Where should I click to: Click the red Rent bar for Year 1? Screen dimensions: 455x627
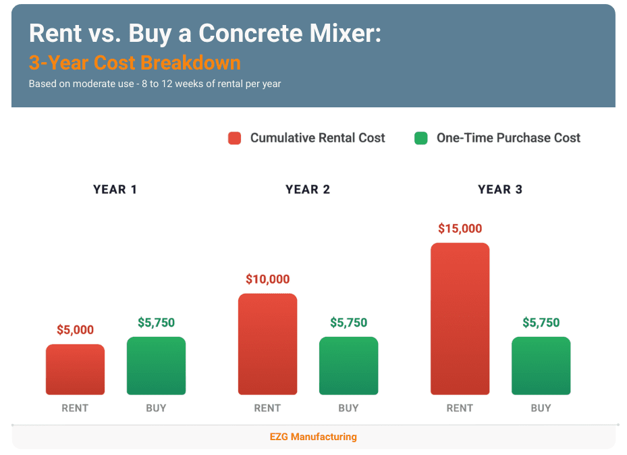[75, 369]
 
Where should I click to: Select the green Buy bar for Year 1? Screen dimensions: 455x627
[156, 365]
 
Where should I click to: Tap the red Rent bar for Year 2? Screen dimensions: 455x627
[267, 344]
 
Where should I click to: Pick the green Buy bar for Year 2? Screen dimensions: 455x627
[348, 365]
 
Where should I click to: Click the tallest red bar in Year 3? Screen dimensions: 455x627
[460, 319]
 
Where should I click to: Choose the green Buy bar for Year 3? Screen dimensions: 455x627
[541, 365]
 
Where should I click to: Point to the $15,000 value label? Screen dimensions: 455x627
[460, 229]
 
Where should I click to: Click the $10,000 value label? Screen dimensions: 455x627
[267, 279]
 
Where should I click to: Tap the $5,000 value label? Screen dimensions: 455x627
[75, 330]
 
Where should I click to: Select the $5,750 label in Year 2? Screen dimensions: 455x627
[348, 323]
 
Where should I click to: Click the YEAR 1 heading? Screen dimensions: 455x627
[115, 190]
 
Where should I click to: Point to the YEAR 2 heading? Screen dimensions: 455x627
[308, 190]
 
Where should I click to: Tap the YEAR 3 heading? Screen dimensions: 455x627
[500, 190]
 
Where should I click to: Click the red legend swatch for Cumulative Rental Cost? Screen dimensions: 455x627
[234, 138]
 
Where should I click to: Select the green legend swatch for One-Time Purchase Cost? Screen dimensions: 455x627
[420, 138]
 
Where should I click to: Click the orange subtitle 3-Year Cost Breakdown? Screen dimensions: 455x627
[134, 63]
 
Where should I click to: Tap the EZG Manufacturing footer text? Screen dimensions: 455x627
[313, 437]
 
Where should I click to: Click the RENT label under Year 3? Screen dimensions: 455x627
[460, 408]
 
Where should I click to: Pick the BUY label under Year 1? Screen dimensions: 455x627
[156, 408]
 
